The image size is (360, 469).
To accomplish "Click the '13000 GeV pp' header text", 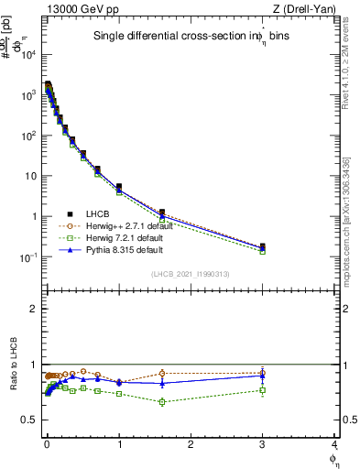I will pos(76,9).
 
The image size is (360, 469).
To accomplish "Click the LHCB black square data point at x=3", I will pos(263,246).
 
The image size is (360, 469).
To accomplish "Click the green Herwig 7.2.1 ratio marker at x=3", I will pos(263,390).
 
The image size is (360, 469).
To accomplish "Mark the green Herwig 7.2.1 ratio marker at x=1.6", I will pos(162,401).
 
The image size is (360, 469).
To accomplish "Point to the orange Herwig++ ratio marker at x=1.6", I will pos(162,373).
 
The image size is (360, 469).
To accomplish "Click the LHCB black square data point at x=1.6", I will pos(162,213).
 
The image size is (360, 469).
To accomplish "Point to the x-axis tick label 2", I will pos(191,444).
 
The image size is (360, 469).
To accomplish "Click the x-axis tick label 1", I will pos(118,444).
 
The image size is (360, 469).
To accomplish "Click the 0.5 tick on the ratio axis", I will pos(30,420).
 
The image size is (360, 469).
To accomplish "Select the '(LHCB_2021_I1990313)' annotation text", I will pos(190,274).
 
